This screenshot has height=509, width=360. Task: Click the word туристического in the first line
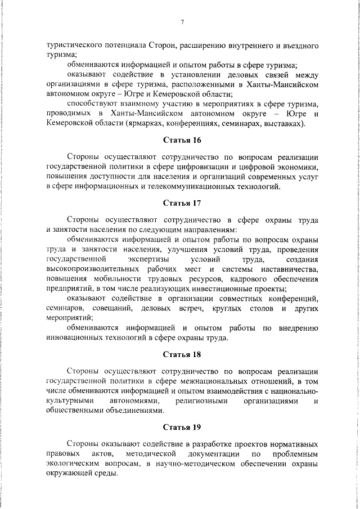click(74, 44)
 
